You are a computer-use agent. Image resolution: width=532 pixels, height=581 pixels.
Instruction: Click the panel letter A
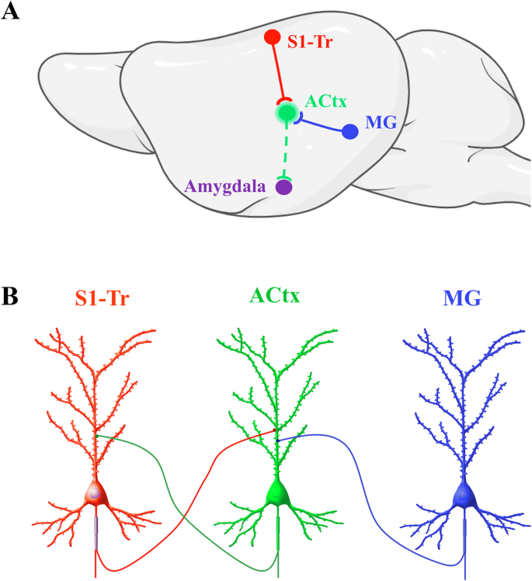(x=11, y=12)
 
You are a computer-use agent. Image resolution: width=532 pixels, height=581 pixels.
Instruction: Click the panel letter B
(x=11, y=296)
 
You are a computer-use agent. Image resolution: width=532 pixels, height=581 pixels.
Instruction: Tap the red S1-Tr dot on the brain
(x=272, y=37)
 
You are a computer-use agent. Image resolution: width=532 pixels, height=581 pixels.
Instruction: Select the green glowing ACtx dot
(x=287, y=113)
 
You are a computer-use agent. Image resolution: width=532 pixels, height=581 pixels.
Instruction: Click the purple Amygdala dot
(x=284, y=186)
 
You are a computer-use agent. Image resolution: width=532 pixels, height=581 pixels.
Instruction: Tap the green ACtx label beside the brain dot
(x=326, y=101)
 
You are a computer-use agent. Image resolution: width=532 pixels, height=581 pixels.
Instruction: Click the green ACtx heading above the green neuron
(x=276, y=296)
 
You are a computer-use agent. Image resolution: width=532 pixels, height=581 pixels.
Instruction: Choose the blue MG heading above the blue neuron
(x=462, y=297)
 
